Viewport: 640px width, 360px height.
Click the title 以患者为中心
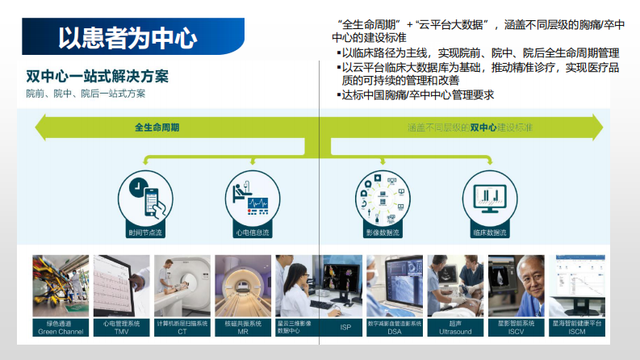coord(127,37)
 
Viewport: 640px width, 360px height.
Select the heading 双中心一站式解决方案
coord(97,77)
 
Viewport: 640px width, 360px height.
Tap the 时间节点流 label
coord(145,232)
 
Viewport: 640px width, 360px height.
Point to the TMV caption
coord(122,332)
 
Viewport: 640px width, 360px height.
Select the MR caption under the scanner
coord(243,332)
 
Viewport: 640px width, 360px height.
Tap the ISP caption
coord(345,327)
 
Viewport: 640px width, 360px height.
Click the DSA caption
coord(394,332)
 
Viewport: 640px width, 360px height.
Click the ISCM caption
coord(577,332)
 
